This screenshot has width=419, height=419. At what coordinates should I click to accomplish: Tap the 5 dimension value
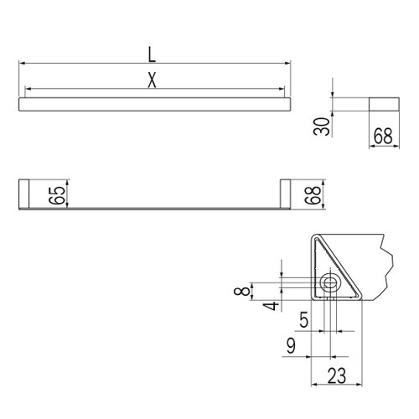pos(304,319)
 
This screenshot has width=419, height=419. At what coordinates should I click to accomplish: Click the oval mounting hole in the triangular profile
pos(330,283)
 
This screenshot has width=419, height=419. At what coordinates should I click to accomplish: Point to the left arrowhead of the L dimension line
pos(22,63)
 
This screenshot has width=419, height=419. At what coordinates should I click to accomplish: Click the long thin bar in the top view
pos(155,103)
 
